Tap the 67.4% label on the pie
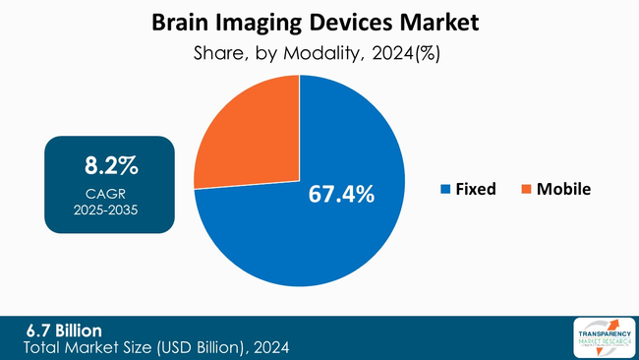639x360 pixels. [x=341, y=194]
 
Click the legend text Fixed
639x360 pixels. [x=477, y=189]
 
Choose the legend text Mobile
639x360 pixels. [x=563, y=189]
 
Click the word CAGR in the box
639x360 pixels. [x=109, y=194]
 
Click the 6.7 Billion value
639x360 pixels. [x=66, y=330]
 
